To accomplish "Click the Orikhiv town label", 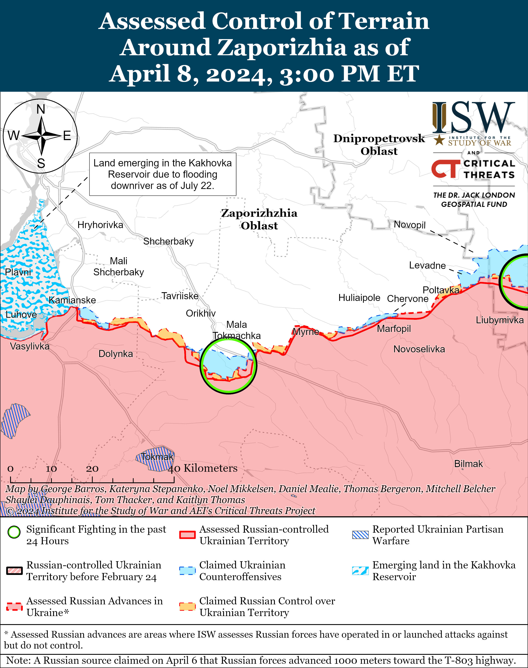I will click(201, 313).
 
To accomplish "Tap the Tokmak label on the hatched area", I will click(157, 457).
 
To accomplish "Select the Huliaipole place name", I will click(359, 298).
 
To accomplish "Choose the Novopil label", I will click(410, 225).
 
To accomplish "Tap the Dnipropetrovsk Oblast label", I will click(379, 145).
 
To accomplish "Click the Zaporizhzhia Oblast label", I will click(259, 219).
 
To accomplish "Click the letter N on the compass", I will click(41, 109).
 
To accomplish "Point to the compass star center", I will click(41, 136).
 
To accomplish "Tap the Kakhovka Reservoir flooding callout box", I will click(163, 174).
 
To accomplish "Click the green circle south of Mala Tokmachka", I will click(229, 366).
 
